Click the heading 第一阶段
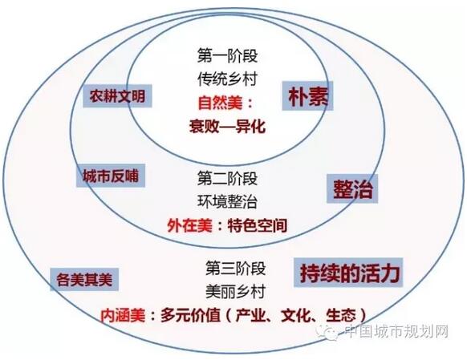click(x=227, y=55)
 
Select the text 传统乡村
click(x=227, y=79)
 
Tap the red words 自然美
click(x=220, y=103)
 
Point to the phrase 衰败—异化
click(x=227, y=126)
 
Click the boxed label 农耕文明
click(x=117, y=96)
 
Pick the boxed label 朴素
click(x=307, y=95)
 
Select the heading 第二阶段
click(x=227, y=179)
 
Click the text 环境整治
click(x=227, y=202)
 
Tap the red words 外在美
click(x=189, y=225)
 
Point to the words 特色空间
click(x=258, y=225)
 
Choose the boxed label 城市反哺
click(x=111, y=176)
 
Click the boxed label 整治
click(x=352, y=189)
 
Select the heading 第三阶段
click(x=235, y=268)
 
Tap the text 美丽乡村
click(x=235, y=292)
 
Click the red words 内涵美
click(x=123, y=315)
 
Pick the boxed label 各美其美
click(x=84, y=280)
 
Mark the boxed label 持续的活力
click(x=348, y=273)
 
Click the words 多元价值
click(x=191, y=315)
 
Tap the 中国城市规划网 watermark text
click(x=396, y=331)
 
